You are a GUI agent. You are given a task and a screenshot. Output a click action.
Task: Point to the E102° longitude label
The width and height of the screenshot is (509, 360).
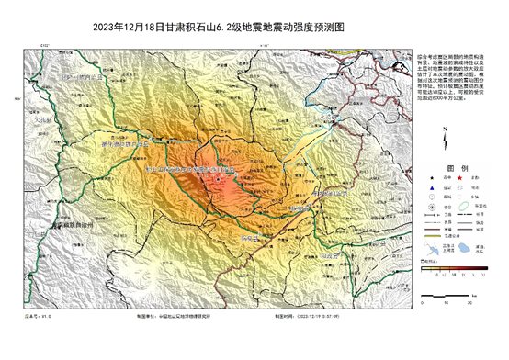[43, 43]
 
